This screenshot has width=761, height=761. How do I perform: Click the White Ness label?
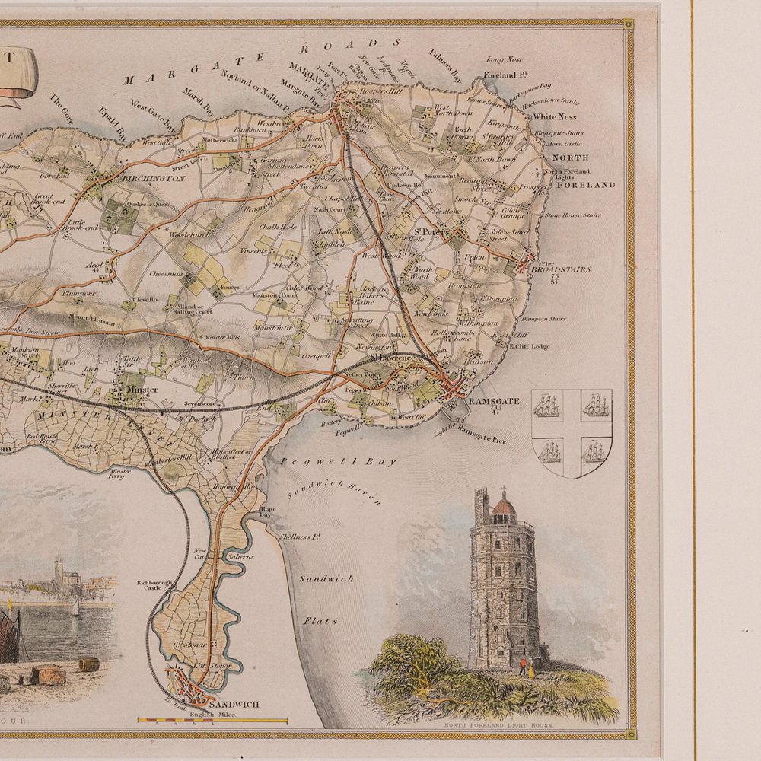tap(554, 117)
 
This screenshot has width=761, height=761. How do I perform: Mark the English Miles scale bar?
tap(212, 719)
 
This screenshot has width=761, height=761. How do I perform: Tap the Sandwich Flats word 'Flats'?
tap(320, 621)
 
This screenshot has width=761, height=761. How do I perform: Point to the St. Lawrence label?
tap(393, 358)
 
